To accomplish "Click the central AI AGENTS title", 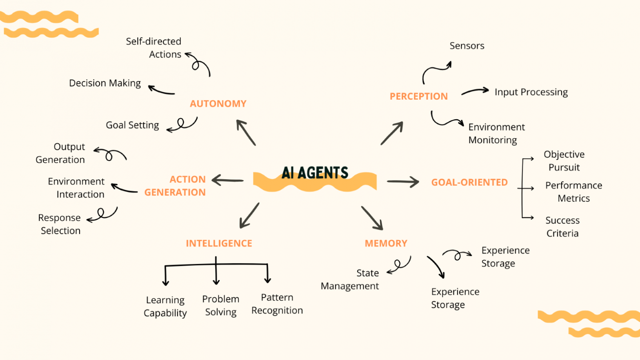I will click(x=315, y=173).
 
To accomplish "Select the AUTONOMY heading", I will click(x=218, y=104).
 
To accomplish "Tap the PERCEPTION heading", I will click(x=418, y=96).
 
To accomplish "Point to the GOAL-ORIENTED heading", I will click(x=469, y=182).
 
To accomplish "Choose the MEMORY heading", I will click(x=386, y=243).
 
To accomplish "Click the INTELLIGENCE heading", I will click(x=219, y=243).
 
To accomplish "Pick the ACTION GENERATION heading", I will click(x=176, y=186).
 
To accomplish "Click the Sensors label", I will click(x=467, y=46).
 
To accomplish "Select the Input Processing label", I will click(x=531, y=92).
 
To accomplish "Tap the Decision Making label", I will click(x=105, y=83).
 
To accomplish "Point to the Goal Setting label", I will click(x=132, y=125).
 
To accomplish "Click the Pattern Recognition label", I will click(x=277, y=304).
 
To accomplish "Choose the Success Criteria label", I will click(x=562, y=227).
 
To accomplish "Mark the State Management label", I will click(x=350, y=280).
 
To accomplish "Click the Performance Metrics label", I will click(x=573, y=192).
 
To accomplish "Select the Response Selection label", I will click(x=60, y=224).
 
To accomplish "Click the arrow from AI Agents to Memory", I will click(x=371, y=218).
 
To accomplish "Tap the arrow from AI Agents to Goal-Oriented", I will click(x=402, y=182).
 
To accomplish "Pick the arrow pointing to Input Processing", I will click(x=475, y=91).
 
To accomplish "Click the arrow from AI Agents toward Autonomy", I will click(x=246, y=132).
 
